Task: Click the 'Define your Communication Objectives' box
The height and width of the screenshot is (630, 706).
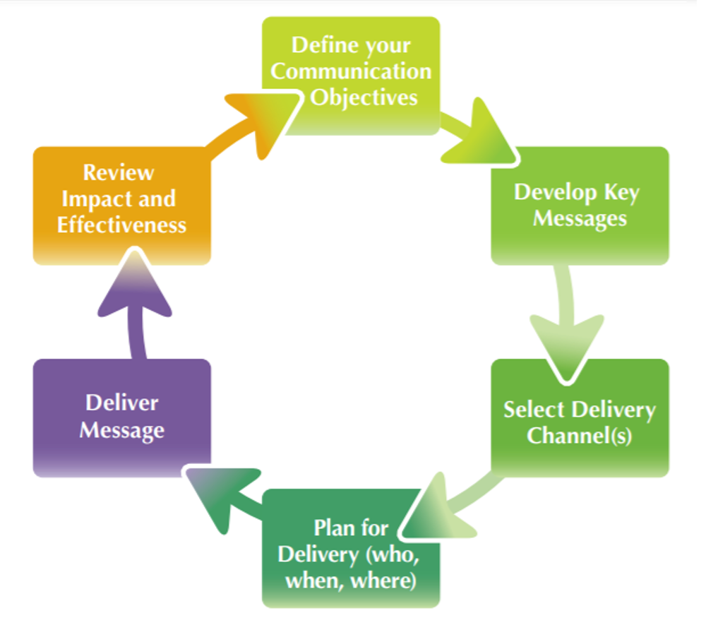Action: pyautogui.click(x=351, y=75)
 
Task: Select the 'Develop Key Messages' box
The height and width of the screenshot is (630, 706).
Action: pyautogui.click(x=580, y=206)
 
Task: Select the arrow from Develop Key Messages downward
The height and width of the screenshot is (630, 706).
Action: pyautogui.click(x=569, y=318)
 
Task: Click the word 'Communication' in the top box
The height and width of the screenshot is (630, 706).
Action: pyautogui.click(x=351, y=72)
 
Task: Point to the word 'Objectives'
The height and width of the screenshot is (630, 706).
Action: pyautogui.click(x=364, y=97)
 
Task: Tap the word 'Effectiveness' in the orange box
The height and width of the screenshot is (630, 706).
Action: pyautogui.click(x=121, y=225)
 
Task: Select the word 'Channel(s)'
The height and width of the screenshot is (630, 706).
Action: pyautogui.click(x=579, y=436)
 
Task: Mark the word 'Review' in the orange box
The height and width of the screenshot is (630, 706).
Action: pyautogui.click(x=119, y=172)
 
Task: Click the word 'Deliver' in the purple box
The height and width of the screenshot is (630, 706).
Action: pyautogui.click(x=122, y=403)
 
